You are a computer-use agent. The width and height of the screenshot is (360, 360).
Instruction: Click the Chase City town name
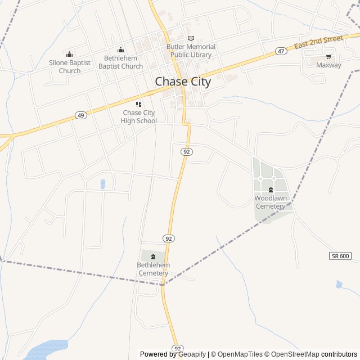(183, 82)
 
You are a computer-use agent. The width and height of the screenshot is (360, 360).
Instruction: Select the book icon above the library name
(191, 38)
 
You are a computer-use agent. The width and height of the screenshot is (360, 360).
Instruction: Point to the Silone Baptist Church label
(69, 66)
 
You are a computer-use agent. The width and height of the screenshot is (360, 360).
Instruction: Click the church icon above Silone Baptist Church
(69, 54)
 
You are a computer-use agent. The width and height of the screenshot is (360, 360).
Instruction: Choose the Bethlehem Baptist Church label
(120, 62)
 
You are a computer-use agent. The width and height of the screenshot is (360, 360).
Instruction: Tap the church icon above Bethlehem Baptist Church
(120, 49)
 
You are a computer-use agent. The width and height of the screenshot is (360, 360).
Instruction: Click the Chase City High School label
(139, 116)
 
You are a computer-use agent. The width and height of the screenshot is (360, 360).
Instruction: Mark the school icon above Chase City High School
(139, 104)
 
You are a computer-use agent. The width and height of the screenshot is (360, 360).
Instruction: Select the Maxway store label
(328, 65)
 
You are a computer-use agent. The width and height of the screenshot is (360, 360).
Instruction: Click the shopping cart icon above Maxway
(328, 57)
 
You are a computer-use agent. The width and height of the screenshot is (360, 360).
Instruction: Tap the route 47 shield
(281, 51)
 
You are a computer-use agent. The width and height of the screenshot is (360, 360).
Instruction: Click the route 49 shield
(81, 115)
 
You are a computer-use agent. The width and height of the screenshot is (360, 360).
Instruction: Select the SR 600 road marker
(340, 256)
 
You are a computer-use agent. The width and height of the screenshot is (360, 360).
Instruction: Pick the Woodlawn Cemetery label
(271, 202)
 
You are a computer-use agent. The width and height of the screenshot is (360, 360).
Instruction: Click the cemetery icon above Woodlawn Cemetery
(271, 190)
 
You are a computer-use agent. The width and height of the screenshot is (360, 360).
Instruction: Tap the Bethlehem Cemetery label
(153, 269)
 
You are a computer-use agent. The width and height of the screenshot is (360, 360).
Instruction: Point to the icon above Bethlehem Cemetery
(153, 257)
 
